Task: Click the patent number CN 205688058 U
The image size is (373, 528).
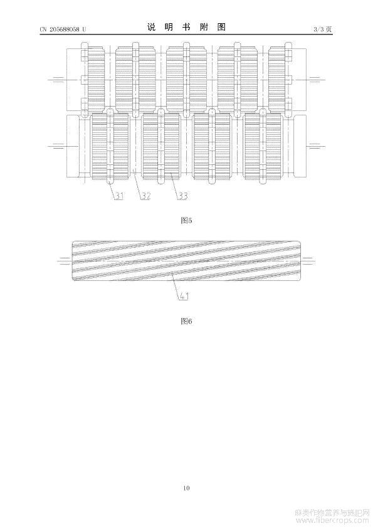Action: pos(63,29)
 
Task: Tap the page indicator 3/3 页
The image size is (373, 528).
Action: pos(323,29)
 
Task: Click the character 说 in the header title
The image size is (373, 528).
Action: pos(152,28)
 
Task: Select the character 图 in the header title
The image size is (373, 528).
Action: pos(221,28)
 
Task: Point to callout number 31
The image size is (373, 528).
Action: pos(119,196)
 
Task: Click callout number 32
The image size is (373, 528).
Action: pos(145,196)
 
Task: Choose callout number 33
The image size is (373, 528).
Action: pos(182,196)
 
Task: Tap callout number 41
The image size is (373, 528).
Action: pos(184,297)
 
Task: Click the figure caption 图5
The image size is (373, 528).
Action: pos(186,221)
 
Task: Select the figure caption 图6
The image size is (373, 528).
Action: pos(186,321)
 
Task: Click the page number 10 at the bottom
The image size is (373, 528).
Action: pos(187,488)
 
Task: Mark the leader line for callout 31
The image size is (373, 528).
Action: pos(113,189)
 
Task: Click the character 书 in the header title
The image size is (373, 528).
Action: pos(186,28)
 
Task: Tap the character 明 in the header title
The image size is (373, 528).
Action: pos(169,28)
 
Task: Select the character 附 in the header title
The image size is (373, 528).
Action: pos(204,28)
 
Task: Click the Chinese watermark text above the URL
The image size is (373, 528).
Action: pos(332,514)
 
